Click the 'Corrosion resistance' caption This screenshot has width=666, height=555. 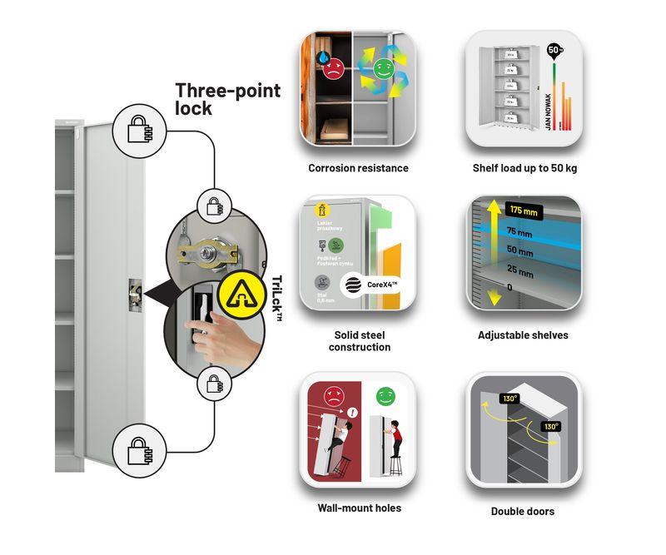coord(358,168)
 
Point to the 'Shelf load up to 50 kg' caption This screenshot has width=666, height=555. coord(524,168)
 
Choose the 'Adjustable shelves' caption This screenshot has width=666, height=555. coord(524,335)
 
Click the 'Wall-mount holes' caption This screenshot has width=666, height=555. coord(359,508)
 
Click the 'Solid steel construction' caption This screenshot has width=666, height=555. coord(359,341)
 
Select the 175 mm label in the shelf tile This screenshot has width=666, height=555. coord(524,211)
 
